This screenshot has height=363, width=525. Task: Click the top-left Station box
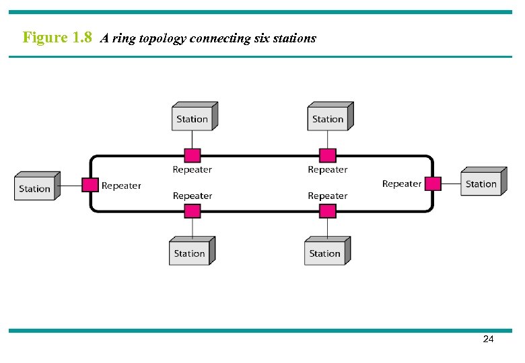193,118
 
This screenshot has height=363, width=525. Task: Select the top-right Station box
328,118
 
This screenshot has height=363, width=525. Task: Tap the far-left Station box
35,188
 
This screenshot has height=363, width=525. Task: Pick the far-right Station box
481,184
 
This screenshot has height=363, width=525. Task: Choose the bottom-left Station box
190,253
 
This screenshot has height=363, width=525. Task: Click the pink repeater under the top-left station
193,156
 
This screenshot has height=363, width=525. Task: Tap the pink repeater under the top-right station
328,156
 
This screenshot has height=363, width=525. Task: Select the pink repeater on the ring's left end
90,184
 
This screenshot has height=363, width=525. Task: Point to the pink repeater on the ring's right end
433,184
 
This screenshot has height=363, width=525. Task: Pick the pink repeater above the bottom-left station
193,211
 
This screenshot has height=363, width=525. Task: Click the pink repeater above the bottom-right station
328,211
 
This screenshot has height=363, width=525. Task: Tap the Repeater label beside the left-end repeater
121,186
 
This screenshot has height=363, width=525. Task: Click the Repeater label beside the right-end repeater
402,184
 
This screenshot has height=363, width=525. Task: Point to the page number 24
489,339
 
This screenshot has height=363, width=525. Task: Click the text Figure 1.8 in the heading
57,38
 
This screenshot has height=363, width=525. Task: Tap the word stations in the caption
295,38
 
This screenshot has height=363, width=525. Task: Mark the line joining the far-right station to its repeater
451,184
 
